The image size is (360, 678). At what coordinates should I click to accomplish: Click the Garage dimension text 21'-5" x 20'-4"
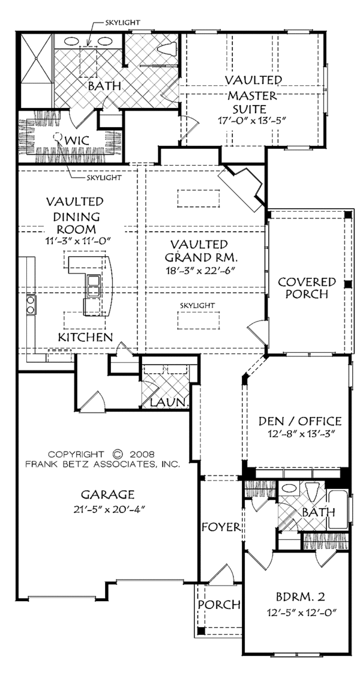coord(108,509)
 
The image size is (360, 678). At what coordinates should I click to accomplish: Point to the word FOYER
coord(221,527)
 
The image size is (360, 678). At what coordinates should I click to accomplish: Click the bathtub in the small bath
coord(338,510)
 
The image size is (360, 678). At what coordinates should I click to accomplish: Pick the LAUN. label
coord(170,403)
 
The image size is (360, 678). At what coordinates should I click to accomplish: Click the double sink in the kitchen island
coord(94,286)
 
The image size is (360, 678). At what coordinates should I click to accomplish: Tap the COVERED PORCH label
coord(307,288)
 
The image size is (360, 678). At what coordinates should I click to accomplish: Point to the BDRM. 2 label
coord(300,597)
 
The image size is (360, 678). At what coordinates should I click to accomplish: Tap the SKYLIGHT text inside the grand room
coord(197,305)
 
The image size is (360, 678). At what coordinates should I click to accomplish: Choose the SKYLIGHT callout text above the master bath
coord(122,22)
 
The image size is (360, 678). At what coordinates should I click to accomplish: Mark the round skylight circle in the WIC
coord(56,137)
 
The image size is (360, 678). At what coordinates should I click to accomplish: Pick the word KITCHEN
coord(86,337)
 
